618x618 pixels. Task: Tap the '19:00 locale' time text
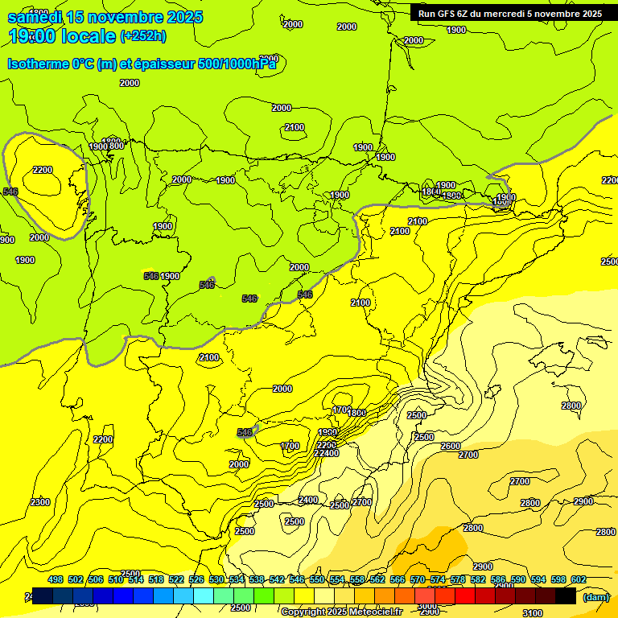pos(61,36)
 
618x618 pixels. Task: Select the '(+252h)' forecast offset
pos(142,36)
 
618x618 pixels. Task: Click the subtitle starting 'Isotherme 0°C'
pos(142,64)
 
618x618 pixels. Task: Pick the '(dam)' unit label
pos(595,596)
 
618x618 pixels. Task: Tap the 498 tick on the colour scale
pos(56,579)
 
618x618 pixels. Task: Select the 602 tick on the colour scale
pos(578,579)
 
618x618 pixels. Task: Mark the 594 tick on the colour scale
pos(538,579)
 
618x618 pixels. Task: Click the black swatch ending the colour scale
pos(566,596)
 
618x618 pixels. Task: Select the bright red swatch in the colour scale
pos(465,596)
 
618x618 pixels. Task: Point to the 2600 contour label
pos(451,446)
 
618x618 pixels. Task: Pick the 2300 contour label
pos(39,502)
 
